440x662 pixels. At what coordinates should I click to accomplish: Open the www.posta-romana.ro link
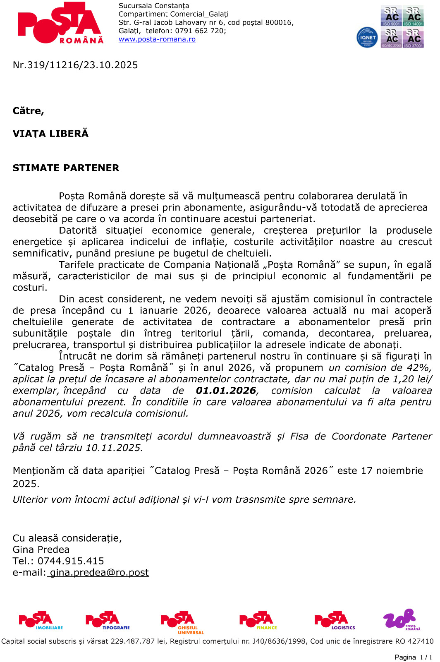[x=157, y=39]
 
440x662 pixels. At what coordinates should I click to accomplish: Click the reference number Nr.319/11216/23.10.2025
[x=75, y=65]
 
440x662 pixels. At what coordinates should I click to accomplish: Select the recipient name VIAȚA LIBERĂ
[x=50, y=134]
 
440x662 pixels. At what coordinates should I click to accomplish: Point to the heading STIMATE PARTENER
[x=66, y=168]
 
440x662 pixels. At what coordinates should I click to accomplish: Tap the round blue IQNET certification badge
[x=367, y=37]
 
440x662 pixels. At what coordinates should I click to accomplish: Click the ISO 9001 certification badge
[x=391, y=16]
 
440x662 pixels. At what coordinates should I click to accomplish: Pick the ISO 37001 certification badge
[x=414, y=38]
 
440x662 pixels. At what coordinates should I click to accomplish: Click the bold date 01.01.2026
[x=226, y=391]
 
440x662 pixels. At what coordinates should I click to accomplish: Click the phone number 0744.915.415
[x=71, y=561]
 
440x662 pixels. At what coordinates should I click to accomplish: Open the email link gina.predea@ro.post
[x=99, y=573]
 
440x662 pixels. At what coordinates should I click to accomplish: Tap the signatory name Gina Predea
[x=41, y=549]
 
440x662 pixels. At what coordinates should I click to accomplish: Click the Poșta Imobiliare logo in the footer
[x=41, y=621]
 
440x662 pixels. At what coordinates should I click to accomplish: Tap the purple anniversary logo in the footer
[x=400, y=619]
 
